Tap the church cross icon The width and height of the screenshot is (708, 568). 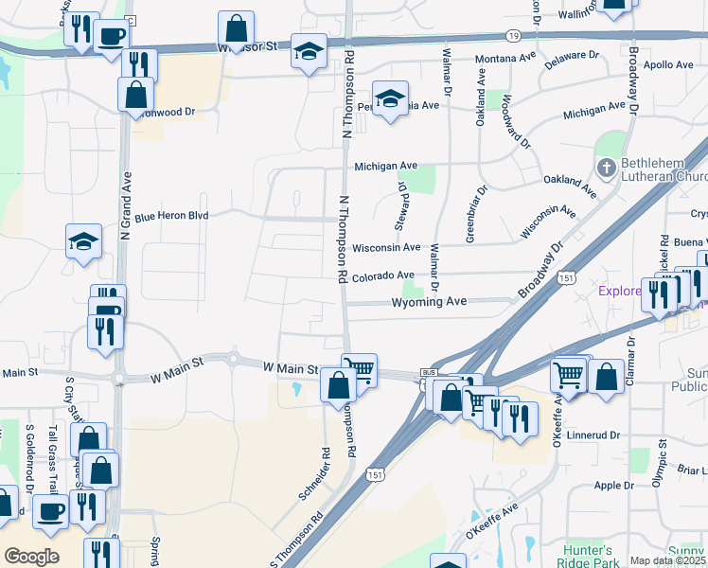[608, 169]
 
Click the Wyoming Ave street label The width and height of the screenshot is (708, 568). [431, 302]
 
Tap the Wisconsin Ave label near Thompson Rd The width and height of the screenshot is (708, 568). [386, 247]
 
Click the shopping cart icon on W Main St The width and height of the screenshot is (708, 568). [360, 369]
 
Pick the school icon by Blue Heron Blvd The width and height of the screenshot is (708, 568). [83, 241]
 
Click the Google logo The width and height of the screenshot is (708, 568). [31, 556]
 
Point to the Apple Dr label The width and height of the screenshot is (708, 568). [614, 486]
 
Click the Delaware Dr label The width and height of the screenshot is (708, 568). [573, 60]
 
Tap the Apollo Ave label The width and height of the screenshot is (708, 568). [668, 65]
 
